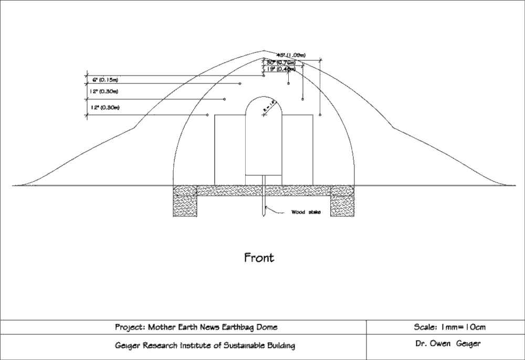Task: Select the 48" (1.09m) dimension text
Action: tap(291, 55)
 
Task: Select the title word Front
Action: tap(259, 258)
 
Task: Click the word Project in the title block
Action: tap(129, 327)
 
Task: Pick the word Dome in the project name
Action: tap(267, 327)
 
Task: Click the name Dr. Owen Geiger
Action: tap(447, 344)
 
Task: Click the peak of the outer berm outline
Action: tap(264, 51)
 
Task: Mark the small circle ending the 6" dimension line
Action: tap(240, 83)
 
